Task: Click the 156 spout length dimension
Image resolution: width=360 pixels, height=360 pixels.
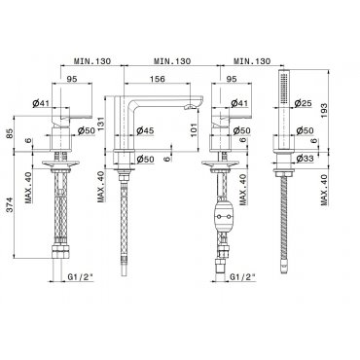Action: coord(158,79)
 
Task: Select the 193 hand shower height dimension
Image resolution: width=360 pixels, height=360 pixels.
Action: coord(323,110)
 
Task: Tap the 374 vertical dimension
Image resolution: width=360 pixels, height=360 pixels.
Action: coord(10,204)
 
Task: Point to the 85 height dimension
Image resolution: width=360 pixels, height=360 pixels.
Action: coord(10,133)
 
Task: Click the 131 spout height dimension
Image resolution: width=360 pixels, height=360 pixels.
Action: coord(100,123)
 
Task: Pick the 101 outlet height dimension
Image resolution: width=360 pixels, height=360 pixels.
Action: coord(194,129)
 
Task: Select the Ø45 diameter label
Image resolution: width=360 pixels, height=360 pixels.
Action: coord(145,130)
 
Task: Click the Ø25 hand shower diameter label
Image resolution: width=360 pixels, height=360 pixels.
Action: coord(303,103)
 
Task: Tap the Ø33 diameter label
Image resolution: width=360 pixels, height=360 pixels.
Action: coord(305,159)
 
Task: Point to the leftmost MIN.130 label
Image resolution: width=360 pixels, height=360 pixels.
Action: coord(92,61)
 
